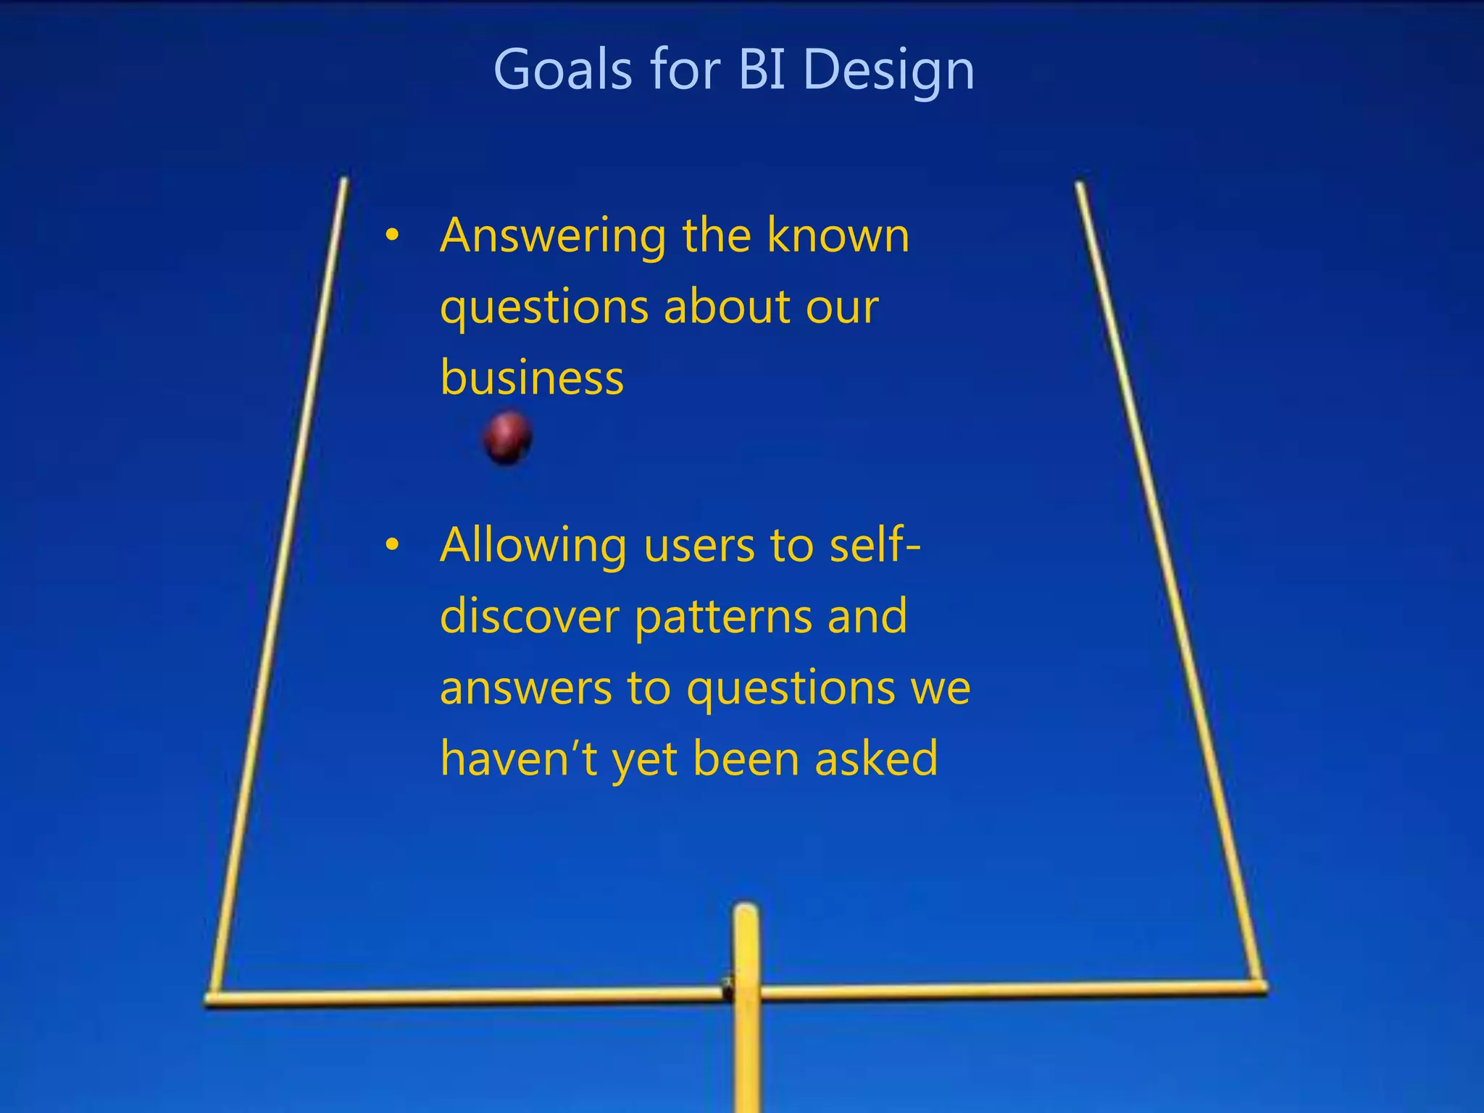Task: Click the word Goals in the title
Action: click(562, 70)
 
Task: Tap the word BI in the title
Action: click(762, 70)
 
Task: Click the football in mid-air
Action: click(507, 437)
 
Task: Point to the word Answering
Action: click(553, 238)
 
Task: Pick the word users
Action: click(699, 546)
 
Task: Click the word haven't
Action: click(519, 759)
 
